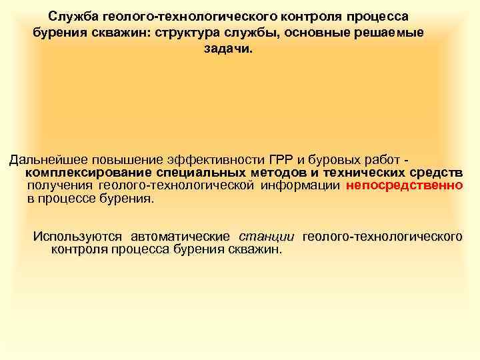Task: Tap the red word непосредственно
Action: pos(404,186)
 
